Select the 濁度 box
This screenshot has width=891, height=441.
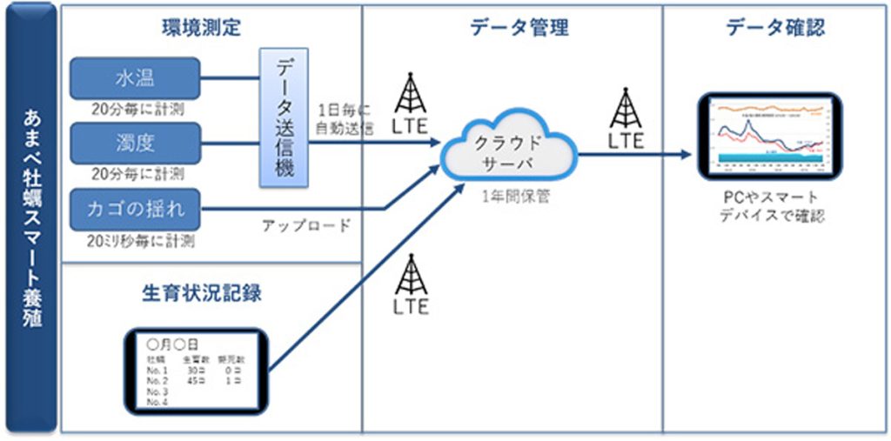(135, 141)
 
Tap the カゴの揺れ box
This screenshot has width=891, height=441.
(135, 209)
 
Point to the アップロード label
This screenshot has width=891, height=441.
(306, 226)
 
